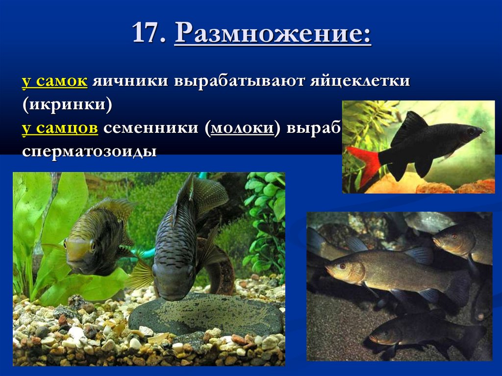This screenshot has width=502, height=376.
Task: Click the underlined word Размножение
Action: click(273, 35)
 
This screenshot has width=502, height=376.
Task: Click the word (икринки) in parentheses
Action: click(67, 103)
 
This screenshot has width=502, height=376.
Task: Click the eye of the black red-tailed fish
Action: click(471, 131)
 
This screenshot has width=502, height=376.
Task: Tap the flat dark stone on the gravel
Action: click(206, 314)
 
